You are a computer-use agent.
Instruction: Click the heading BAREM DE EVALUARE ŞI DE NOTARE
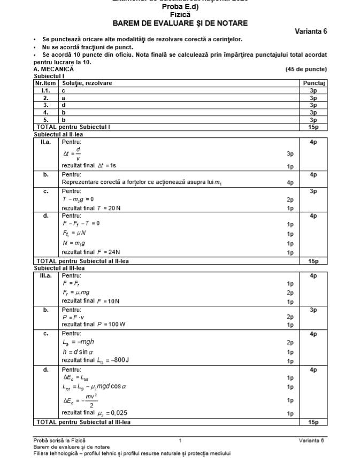180,24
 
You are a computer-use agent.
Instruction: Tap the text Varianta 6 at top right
311,32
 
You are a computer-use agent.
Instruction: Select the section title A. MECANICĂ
53,70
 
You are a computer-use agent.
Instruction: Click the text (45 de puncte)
306,70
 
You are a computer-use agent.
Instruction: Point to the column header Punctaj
313,83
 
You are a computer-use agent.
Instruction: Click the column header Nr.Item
46,83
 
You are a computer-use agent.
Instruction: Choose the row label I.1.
46,91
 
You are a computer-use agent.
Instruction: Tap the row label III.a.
46,276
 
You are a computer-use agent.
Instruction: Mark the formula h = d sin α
78,352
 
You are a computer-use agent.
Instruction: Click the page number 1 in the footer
180,441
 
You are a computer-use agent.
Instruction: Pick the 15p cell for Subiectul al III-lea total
313,422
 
